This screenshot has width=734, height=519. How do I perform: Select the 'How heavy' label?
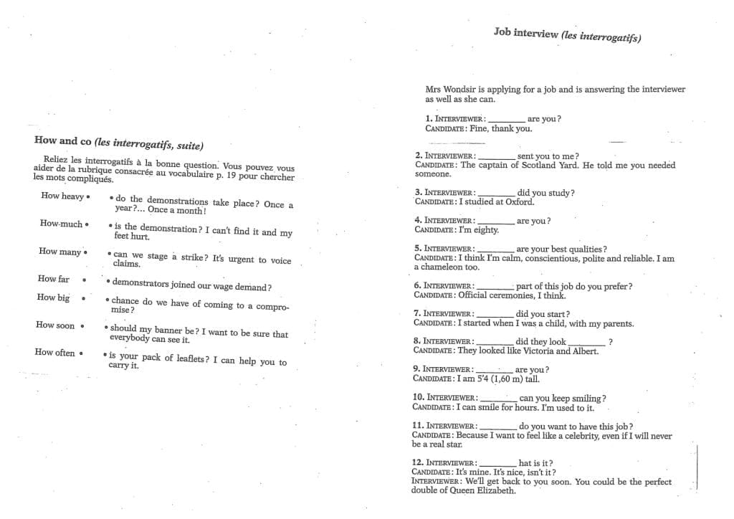62,196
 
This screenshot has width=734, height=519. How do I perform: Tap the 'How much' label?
61,224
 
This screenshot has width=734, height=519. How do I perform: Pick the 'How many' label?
60,252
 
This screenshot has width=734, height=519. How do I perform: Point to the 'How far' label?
54,279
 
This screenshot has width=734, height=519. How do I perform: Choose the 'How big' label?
54,297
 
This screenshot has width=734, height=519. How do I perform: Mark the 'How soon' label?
55,325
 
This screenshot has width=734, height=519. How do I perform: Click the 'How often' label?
54,352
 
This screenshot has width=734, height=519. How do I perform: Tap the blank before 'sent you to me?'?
496,157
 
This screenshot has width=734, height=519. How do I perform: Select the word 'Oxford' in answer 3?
520,202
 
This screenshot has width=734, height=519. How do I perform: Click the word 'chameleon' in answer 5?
442,267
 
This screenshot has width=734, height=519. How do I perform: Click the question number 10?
419,397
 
